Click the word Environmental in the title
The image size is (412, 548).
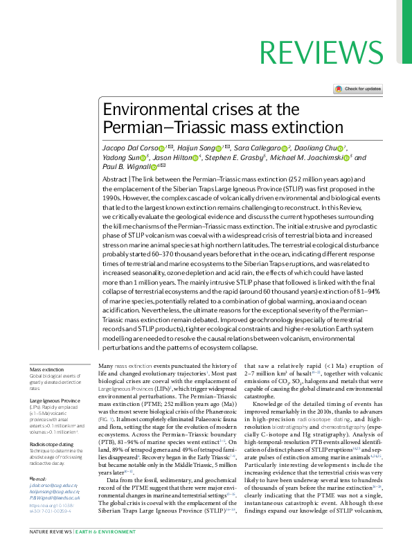point(145,110)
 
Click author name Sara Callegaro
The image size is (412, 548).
point(260,148)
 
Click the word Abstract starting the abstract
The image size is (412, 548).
point(115,179)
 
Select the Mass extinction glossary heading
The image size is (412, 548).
point(46,370)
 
